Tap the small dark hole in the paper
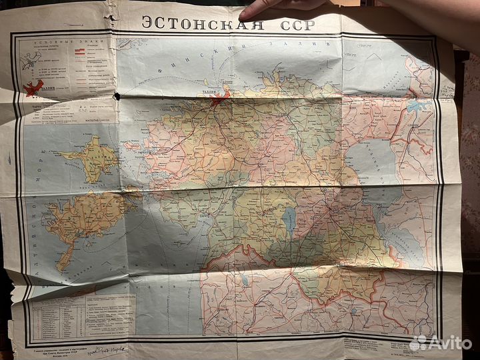[x=118, y=96]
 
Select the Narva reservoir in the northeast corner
[x=417, y=105]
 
